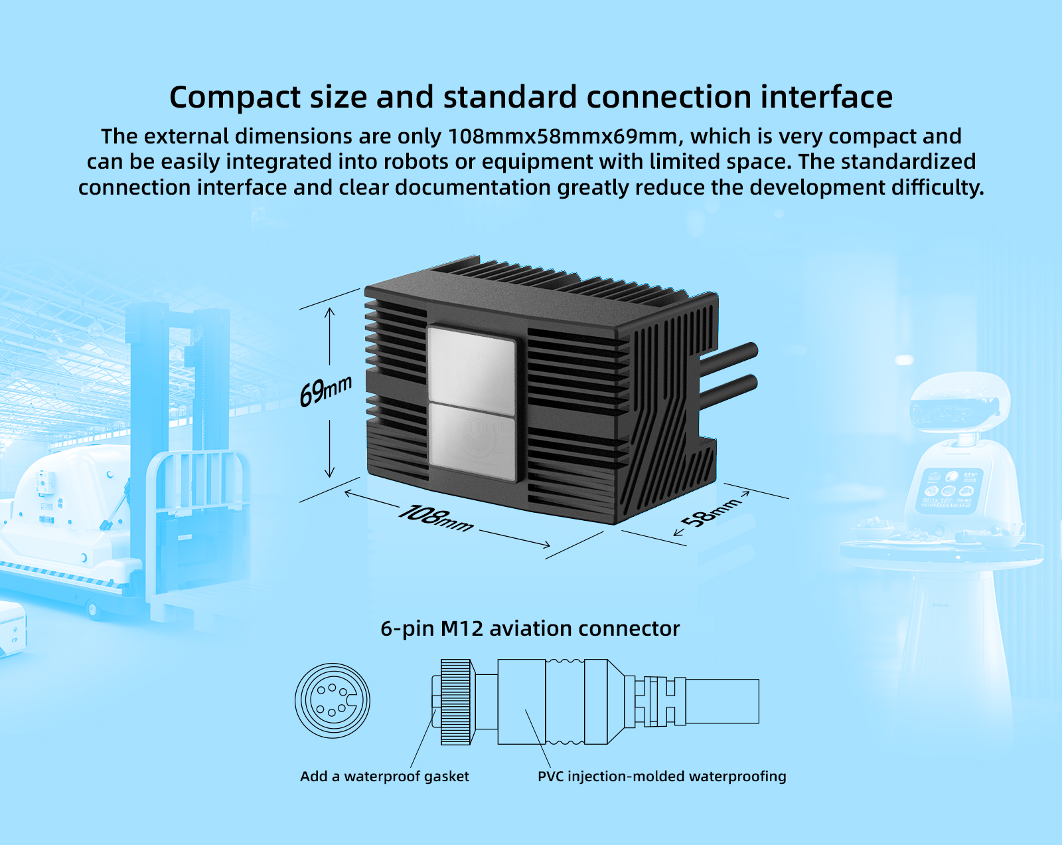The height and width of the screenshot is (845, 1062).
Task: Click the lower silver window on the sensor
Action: point(472,442)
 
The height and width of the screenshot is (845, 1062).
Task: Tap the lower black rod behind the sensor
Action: point(730,389)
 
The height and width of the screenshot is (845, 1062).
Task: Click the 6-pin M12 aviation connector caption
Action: point(530,628)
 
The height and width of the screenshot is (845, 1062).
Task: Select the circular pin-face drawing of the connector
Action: point(333,700)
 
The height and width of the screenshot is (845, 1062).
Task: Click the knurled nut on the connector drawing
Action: point(456,702)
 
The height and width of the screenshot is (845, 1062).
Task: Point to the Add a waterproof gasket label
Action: point(384,776)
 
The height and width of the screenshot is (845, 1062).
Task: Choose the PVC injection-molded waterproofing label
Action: point(662,776)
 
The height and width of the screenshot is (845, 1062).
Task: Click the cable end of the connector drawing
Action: point(722,701)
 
